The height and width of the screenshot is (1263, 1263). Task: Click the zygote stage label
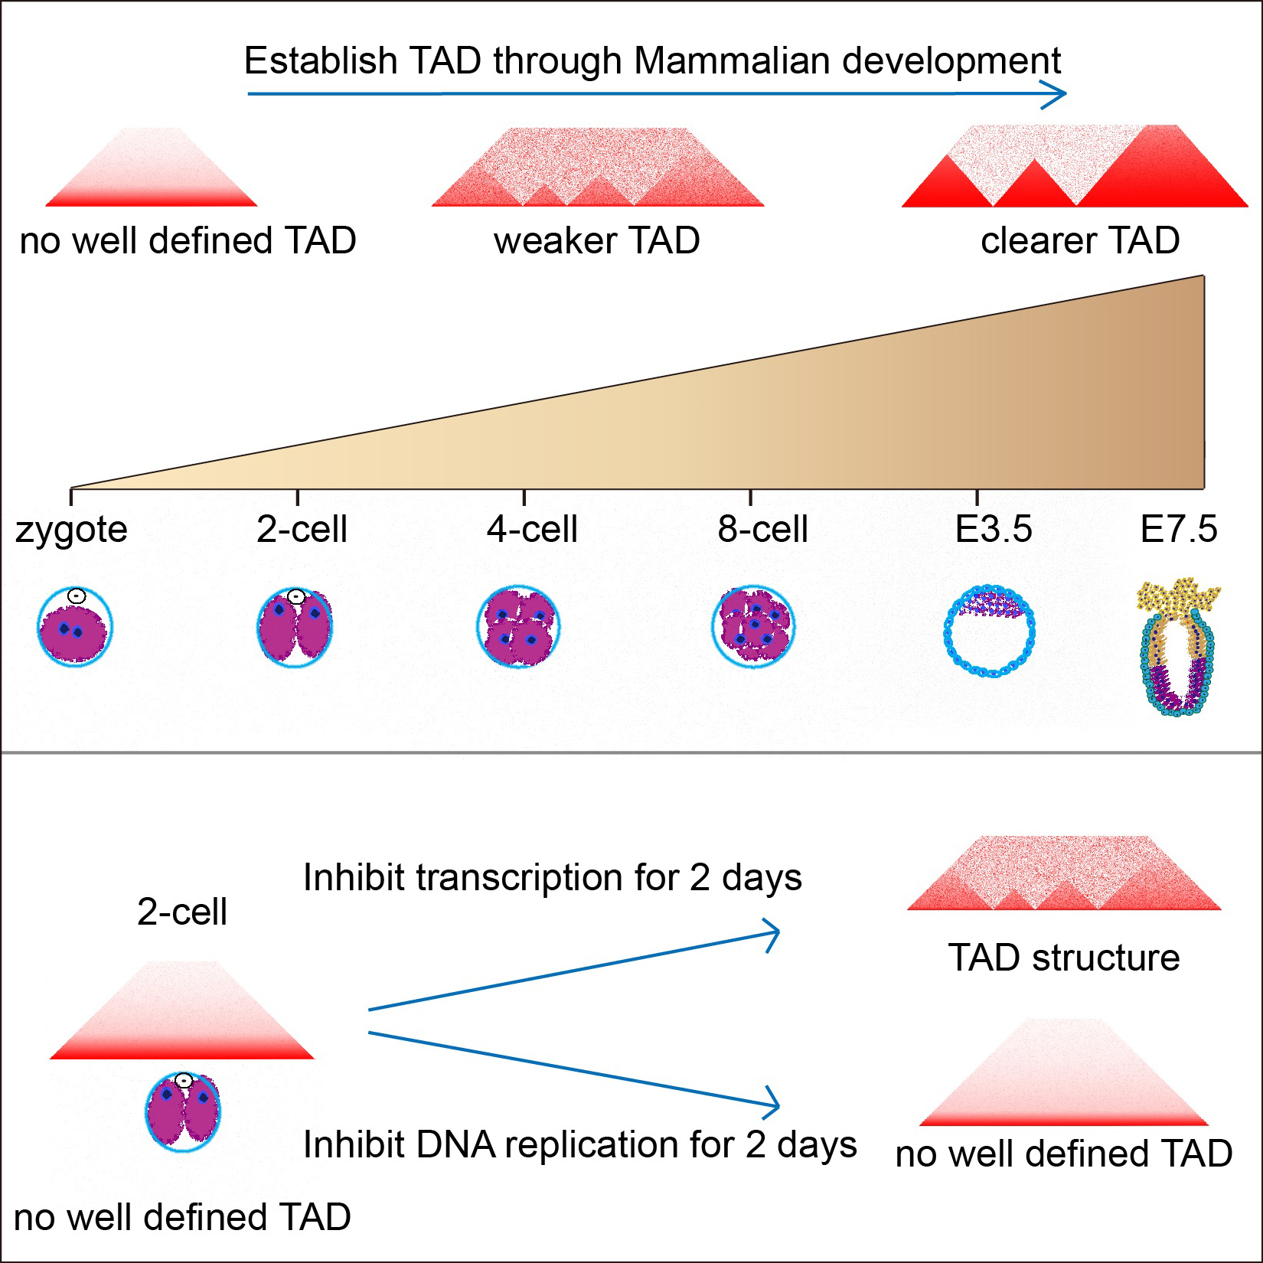pyautogui.click(x=71, y=530)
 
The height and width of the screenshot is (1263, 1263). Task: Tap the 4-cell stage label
pyautogui.click(x=532, y=530)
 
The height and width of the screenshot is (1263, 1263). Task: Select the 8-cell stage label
pyautogui.click(x=762, y=530)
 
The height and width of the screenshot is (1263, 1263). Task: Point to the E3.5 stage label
pyautogui.click(x=994, y=530)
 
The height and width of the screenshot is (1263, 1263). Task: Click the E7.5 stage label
pyautogui.click(x=1178, y=530)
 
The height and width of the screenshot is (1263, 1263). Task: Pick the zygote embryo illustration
pyautogui.click(x=74, y=628)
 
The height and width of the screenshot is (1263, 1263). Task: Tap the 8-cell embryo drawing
pyautogui.click(x=753, y=626)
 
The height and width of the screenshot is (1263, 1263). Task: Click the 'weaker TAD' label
pyautogui.click(x=596, y=241)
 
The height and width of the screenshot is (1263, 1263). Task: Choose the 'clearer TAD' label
pyautogui.click(x=1079, y=241)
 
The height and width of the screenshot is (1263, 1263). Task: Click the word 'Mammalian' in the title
pyautogui.click(x=733, y=61)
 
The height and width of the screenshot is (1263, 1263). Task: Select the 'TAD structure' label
pyautogui.click(x=1063, y=958)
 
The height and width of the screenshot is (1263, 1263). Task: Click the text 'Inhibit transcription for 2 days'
pyautogui.click(x=552, y=878)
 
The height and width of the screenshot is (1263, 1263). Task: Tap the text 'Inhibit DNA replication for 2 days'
pyautogui.click(x=579, y=1145)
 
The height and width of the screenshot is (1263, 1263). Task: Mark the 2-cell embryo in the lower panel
pyautogui.click(x=183, y=1111)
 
